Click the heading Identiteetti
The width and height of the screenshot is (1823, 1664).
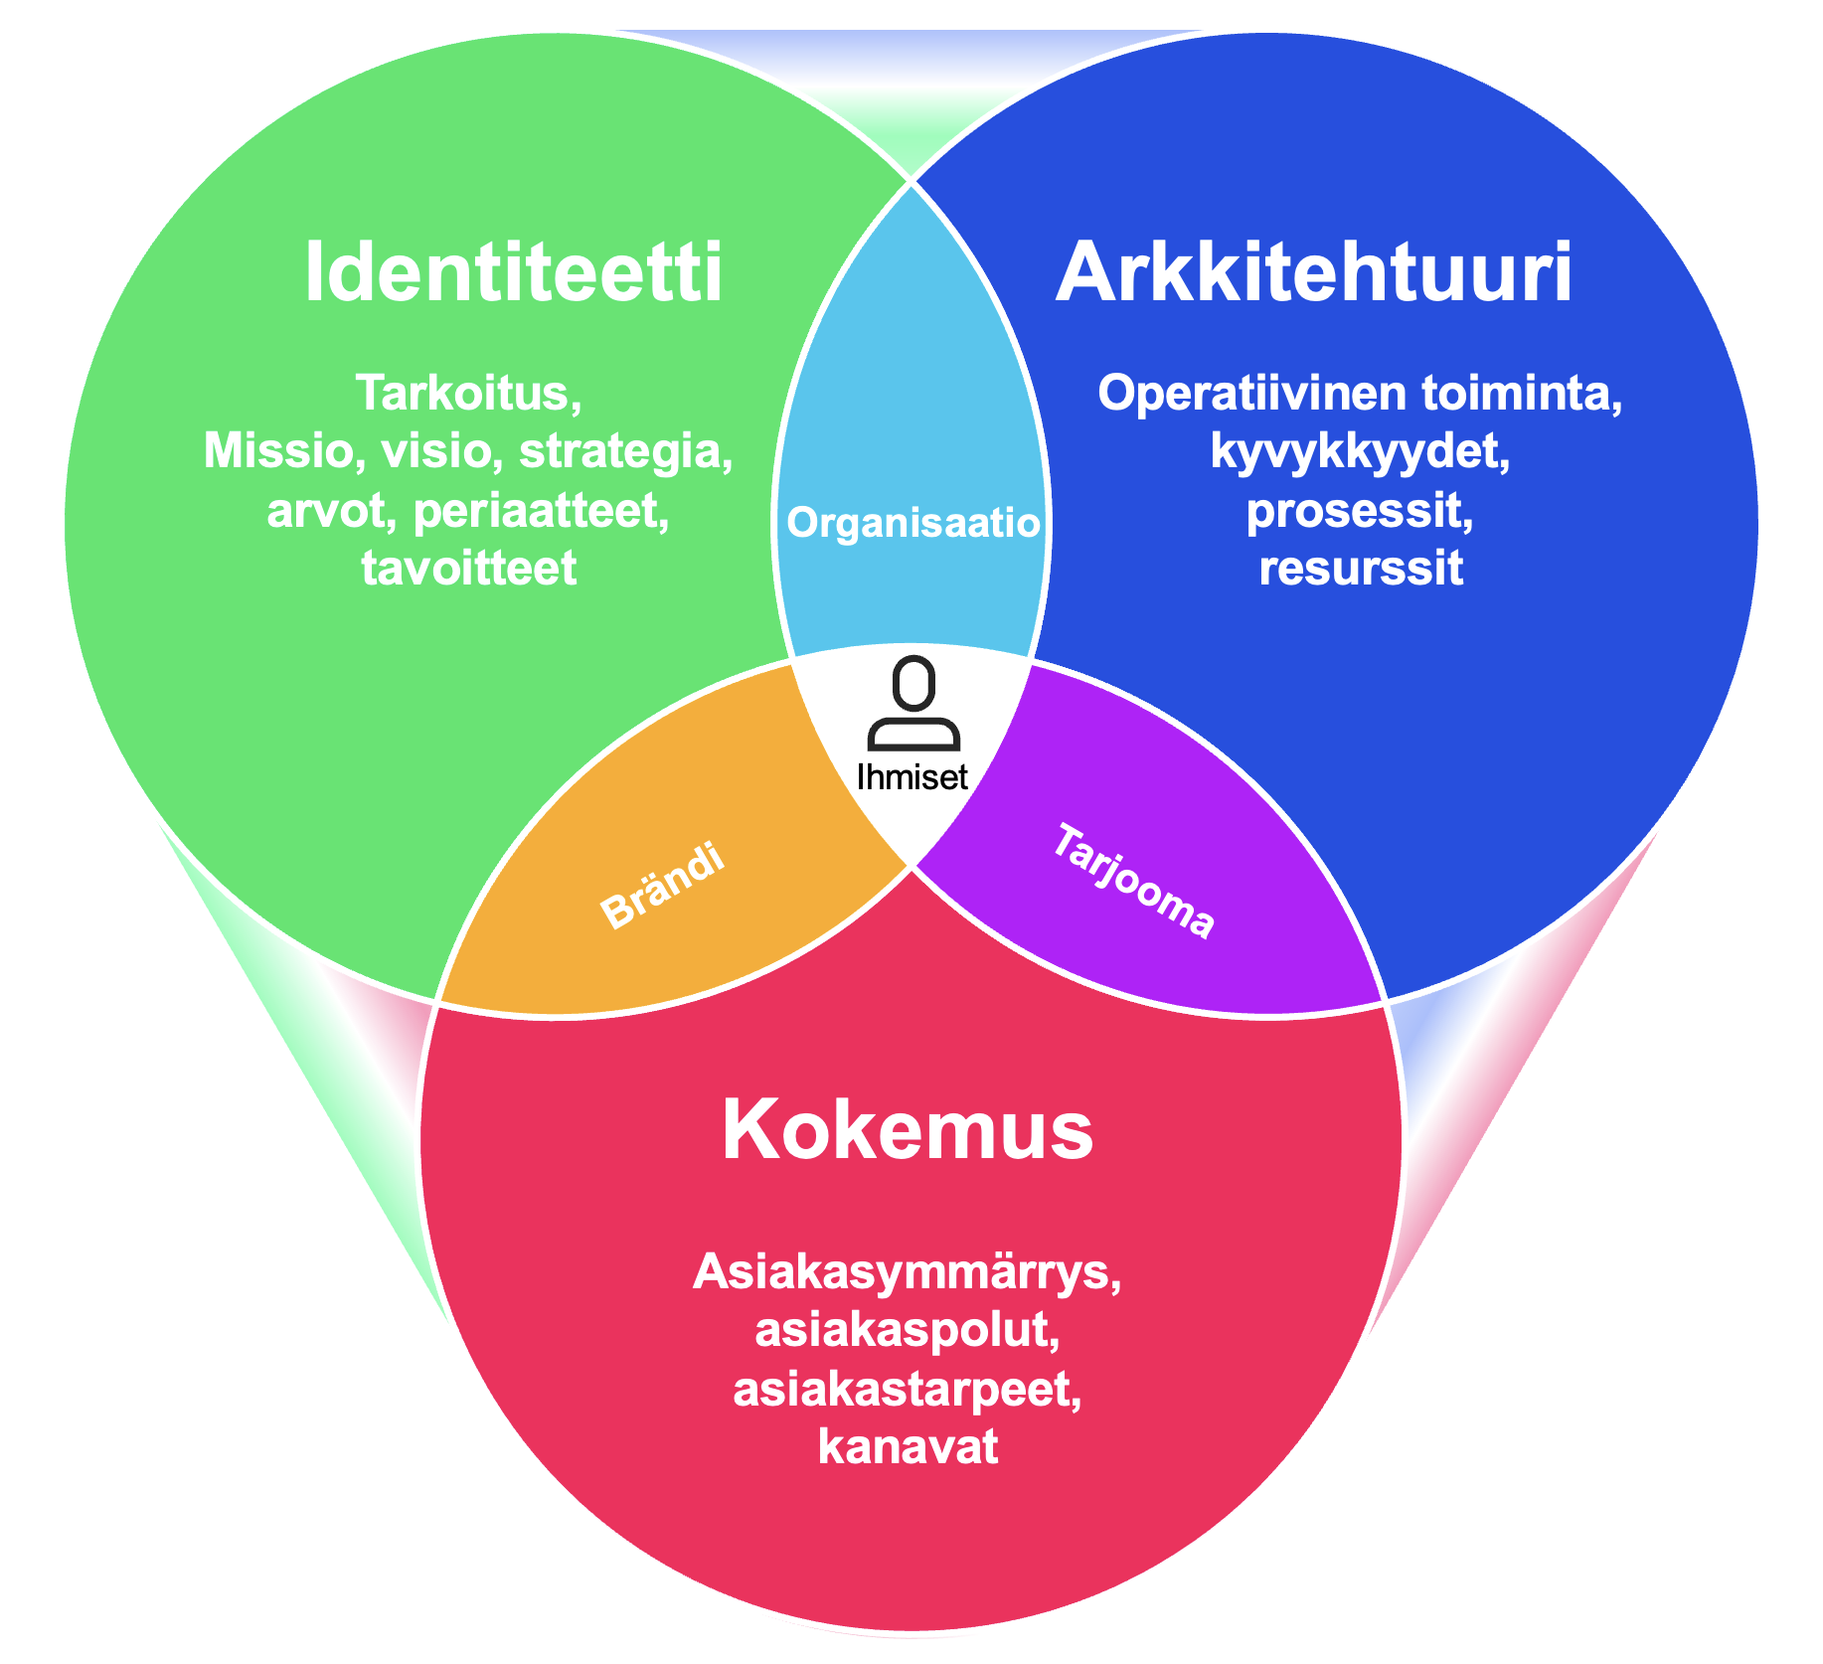coord(513,271)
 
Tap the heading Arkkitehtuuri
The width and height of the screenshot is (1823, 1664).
coord(1314,271)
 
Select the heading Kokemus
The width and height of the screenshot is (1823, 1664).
coord(908,1130)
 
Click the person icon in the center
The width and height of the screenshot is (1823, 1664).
coord(913,704)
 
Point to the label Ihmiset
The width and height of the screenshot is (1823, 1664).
coord(912,776)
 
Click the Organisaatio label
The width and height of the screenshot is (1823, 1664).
coord(912,522)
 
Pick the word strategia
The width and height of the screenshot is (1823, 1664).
coord(626,452)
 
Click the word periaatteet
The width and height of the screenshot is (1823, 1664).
coord(541,511)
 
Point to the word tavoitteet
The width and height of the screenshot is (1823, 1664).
coord(468,569)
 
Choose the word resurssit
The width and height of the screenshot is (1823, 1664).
coord(1361,569)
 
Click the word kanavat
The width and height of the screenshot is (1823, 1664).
coord(908,1446)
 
